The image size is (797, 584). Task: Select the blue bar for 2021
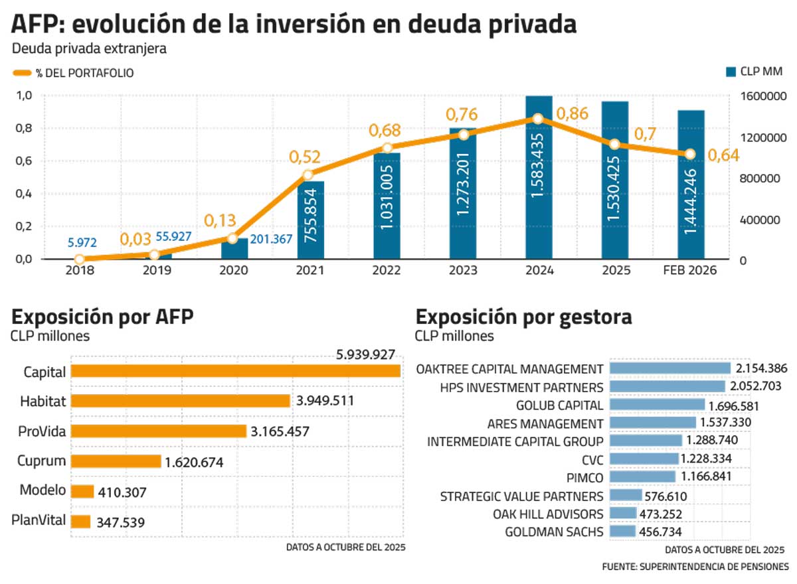[311, 220]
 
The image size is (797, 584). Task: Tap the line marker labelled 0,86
[538, 119]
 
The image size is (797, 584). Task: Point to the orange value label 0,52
[304, 157]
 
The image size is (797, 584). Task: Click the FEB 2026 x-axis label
[691, 271]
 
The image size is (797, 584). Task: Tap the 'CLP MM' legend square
[731, 72]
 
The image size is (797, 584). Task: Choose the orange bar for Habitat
[180, 401]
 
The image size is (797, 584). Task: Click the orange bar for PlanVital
[80, 522]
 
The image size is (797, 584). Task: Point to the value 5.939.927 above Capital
[366, 355]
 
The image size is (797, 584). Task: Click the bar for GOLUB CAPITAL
[657, 404]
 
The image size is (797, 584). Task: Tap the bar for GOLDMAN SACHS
[622, 531]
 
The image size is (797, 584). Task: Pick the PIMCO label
[586, 477]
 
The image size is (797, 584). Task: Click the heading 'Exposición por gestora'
[523, 317]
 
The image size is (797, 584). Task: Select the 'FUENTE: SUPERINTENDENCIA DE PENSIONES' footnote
[695, 567]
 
